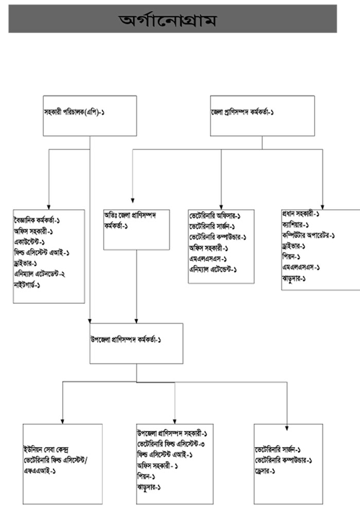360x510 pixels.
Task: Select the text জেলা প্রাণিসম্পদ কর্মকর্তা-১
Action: (x=242, y=112)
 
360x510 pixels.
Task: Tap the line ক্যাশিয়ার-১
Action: (x=296, y=225)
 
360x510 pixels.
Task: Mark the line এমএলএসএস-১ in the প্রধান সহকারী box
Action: (x=301, y=267)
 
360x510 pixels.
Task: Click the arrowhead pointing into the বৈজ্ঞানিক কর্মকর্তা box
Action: (x=49, y=206)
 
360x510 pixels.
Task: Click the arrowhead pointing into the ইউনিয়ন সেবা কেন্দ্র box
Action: (x=62, y=421)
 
